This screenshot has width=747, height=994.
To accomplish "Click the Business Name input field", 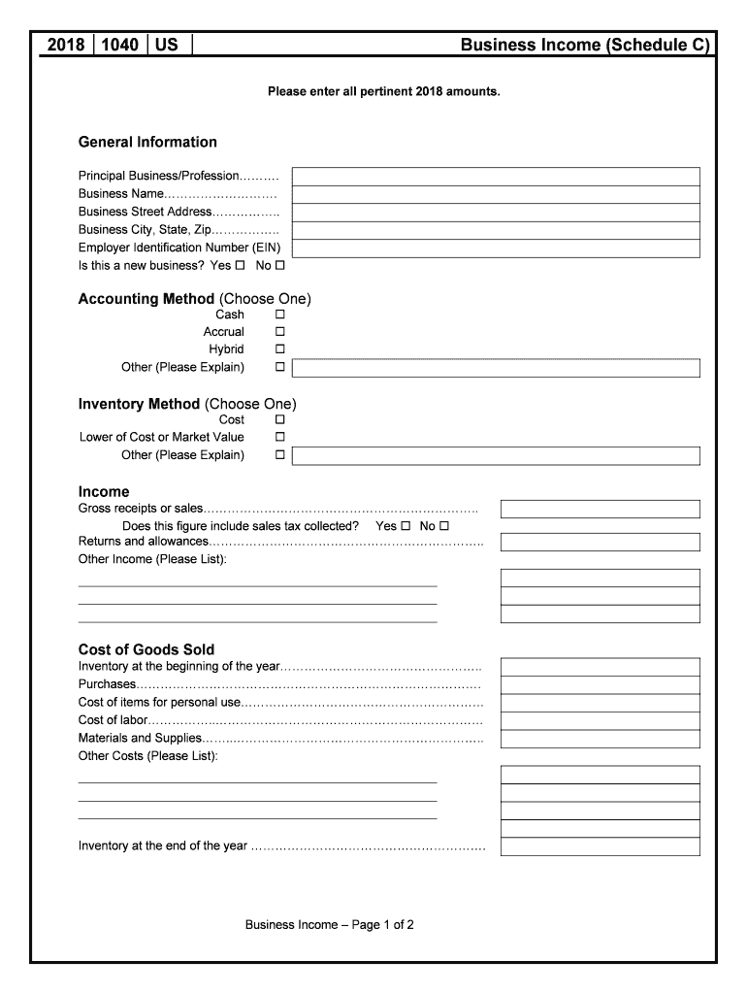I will point(496,194).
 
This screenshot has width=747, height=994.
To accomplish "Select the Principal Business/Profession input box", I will point(496,176).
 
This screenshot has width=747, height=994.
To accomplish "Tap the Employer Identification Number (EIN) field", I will point(496,248).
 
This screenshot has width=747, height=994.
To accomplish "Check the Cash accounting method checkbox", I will point(280,315).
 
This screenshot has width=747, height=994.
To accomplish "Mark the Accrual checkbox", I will point(280,332).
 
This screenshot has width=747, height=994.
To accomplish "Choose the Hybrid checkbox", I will point(280,349).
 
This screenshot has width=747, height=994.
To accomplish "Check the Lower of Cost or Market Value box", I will point(280,438).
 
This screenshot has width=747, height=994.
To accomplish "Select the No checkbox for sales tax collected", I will point(444,526).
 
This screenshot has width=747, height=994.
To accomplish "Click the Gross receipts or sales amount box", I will point(600,510).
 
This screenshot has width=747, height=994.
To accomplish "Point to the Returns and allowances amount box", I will point(600,542).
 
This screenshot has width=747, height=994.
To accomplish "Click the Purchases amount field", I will point(600,685).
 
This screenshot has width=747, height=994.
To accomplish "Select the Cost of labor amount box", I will point(600,721).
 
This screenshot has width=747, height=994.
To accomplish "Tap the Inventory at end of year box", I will point(600,846).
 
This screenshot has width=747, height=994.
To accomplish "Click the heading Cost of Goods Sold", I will point(146,649).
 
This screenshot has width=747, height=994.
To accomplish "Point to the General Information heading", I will point(147,143).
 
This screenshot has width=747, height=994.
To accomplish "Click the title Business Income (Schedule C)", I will point(585,45).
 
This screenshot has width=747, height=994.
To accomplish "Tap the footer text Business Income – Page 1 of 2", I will point(330,925).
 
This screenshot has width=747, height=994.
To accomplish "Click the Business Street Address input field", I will point(496,213).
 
